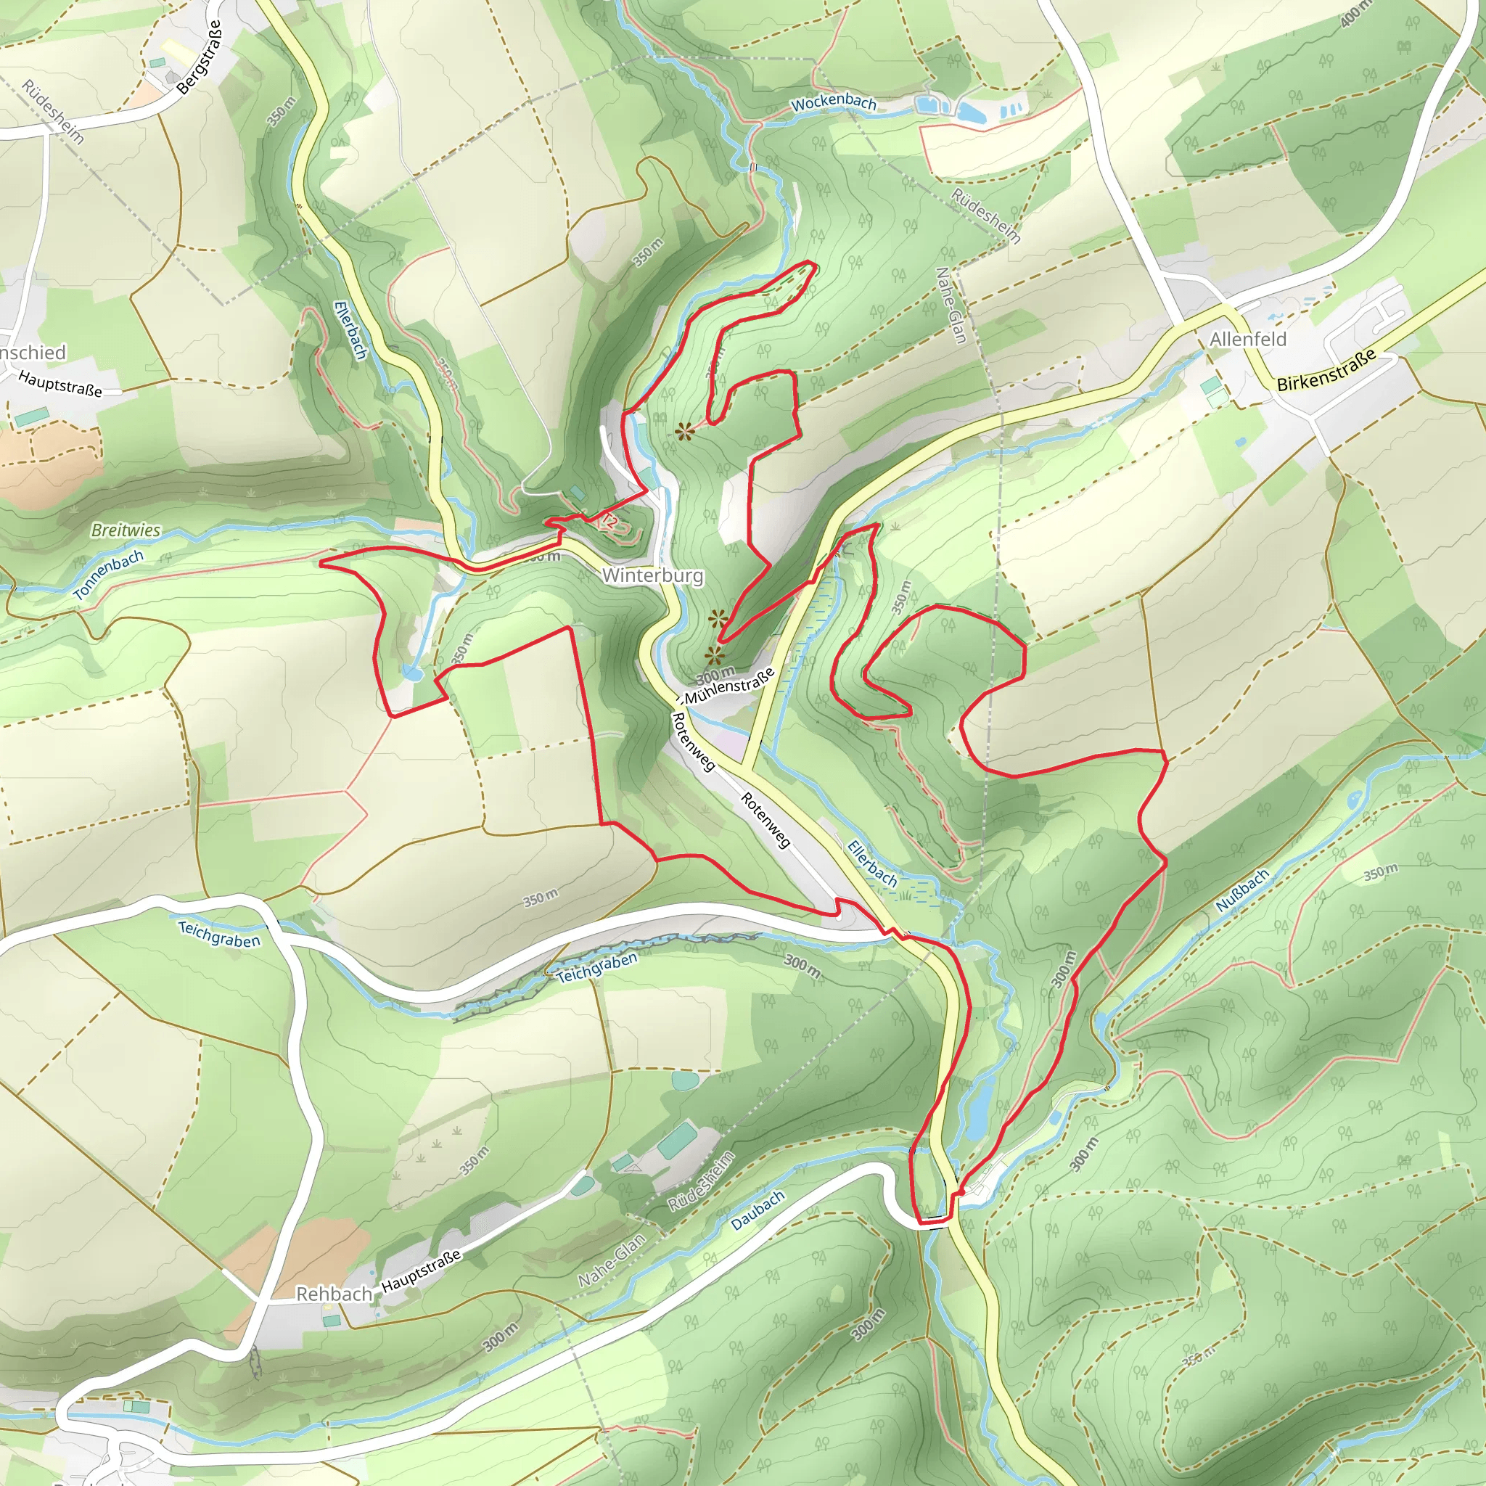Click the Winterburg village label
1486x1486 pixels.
(x=652, y=575)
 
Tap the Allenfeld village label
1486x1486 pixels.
(x=1247, y=339)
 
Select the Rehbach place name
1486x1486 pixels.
(x=334, y=1294)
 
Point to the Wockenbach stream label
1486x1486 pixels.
(x=834, y=102)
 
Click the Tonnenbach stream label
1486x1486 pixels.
(x=110, y=575)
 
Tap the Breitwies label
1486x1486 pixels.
(x=126, y=530)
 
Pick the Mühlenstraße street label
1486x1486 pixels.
(x=728, y=686)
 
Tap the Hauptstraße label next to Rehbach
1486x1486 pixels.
(x=421, y=1270)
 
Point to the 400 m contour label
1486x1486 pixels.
(x=1355, y=13)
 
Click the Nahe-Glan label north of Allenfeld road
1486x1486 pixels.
(x=950, y=305)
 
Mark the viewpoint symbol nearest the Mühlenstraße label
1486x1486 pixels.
(x=715, y=654)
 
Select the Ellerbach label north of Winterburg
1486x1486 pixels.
(x=350, y=330)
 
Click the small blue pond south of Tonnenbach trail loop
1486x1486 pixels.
(x=411, y=674)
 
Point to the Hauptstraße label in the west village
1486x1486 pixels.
(x=60, y=383)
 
